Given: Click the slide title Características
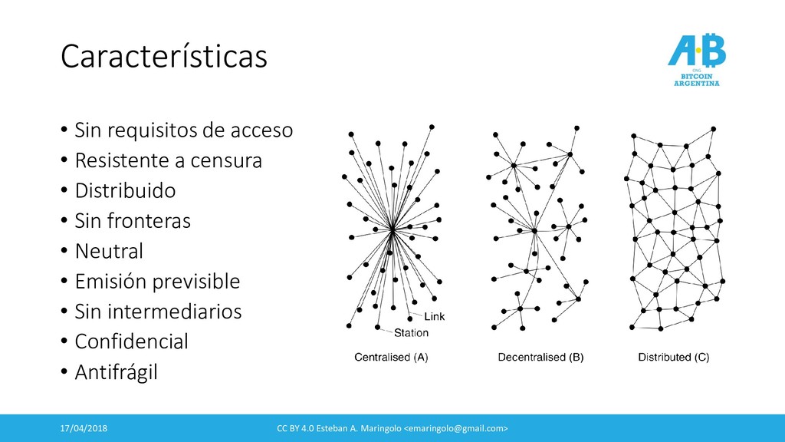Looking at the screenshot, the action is coord(164,56).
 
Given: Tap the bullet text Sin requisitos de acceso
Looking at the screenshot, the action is coord(183,130).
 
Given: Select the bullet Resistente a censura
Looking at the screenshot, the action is coord(168,161).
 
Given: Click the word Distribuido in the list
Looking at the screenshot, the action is coord(125,191).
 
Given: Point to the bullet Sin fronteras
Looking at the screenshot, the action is coord(133,221).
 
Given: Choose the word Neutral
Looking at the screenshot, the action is coord(109,251).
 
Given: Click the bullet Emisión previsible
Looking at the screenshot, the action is coord(157,282).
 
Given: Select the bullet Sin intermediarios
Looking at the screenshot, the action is coord(158,312).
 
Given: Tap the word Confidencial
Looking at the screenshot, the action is coord(131,341).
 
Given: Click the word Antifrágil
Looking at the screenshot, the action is coord(116,372).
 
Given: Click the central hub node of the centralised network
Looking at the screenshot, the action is coord(392,228).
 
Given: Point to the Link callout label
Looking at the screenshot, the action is coord(433,317).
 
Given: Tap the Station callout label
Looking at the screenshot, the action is coord(411,333).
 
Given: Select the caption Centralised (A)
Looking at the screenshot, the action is coord(391,357).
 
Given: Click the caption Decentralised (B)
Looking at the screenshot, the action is coord(540,357).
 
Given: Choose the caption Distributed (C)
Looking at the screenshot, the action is coord(674,357).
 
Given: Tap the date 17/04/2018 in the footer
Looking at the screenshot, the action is coord(85,427).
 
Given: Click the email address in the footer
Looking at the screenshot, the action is coord(456,427).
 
